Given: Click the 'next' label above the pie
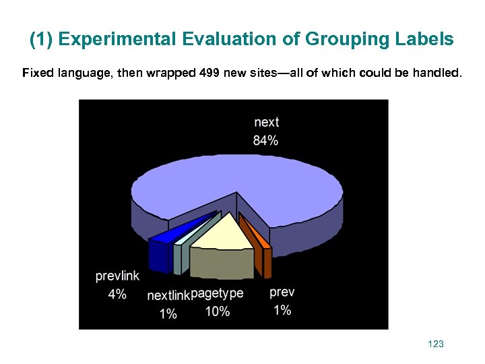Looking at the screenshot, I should coord(266,122).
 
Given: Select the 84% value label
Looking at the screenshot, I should coord(266,140).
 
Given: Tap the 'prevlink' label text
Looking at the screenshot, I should coord(117,276).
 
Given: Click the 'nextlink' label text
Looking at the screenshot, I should coord(168,295).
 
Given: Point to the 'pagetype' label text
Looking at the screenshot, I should coord(217,293).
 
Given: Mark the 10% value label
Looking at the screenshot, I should coord(217,311).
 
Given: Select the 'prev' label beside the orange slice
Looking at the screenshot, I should coord(282,292).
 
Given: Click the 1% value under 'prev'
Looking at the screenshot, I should coord(282,310).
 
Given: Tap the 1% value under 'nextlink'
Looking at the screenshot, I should coord(168,313).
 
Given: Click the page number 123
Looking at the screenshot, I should coord(436,344).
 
